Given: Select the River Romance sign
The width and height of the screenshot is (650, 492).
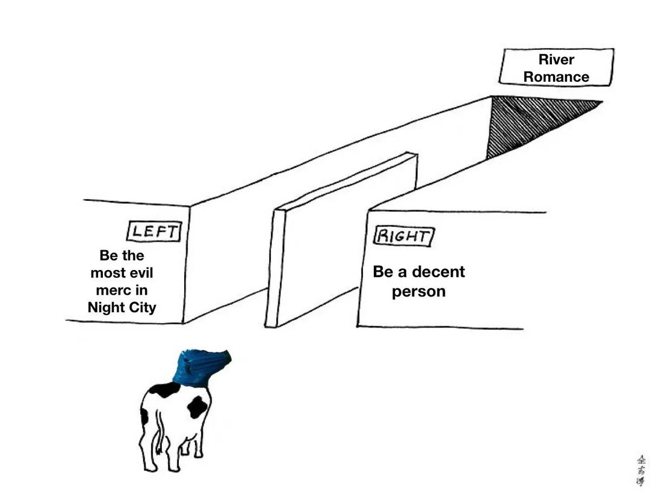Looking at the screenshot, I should point(556,67).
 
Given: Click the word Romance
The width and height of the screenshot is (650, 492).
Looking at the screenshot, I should point(556,77).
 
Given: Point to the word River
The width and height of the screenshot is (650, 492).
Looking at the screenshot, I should point(556,60).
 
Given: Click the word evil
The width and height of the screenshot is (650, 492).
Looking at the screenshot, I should point(138,273).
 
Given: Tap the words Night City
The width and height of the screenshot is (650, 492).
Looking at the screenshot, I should point(122,307).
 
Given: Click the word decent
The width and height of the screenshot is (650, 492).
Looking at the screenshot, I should point(438,272).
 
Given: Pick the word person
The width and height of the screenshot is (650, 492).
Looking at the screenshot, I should point(419,292).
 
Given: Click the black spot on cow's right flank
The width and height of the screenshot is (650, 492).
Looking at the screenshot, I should point(197,407).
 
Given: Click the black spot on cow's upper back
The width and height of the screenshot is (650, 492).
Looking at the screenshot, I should point(164,390).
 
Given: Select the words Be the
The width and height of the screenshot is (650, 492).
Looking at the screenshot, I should point(122,256).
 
